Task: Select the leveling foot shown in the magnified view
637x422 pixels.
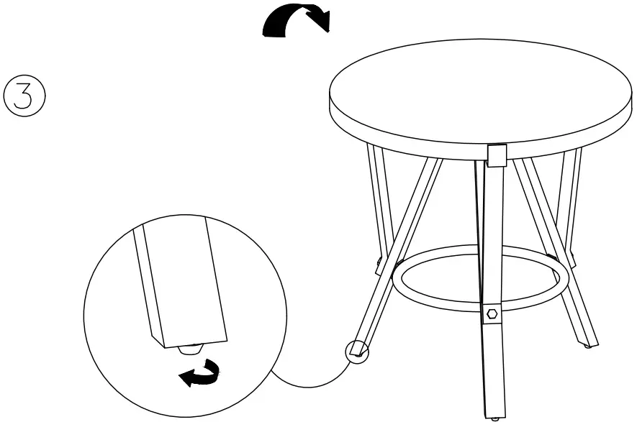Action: pos(188,351)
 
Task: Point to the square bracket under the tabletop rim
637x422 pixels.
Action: pos(497,154)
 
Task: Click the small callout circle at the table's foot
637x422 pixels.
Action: pos(357,351)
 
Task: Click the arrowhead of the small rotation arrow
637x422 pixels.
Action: pos(189,377)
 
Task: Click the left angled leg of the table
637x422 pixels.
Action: pos(399,252)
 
